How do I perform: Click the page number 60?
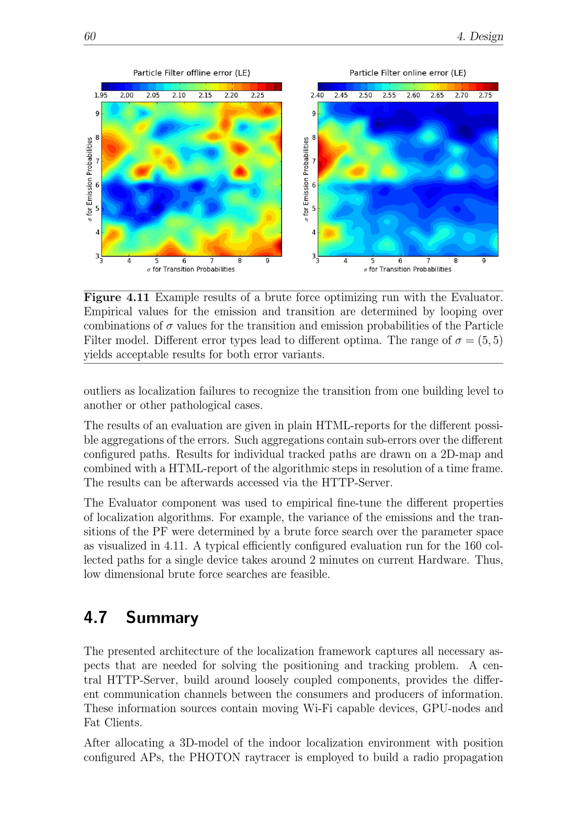90,36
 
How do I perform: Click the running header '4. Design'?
480,36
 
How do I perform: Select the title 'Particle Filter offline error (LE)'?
191,73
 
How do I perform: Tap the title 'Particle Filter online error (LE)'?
408,73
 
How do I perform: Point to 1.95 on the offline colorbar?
101,95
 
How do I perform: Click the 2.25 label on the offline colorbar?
257,95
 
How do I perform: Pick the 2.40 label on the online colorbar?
317,95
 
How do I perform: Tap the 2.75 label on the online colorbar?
485,95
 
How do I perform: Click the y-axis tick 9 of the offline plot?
97,114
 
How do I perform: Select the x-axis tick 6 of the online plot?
400,261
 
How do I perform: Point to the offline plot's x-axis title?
191,269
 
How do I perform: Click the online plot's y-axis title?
306,179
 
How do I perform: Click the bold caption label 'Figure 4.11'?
117,297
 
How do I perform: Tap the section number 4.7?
95,617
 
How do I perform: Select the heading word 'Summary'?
162,617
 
